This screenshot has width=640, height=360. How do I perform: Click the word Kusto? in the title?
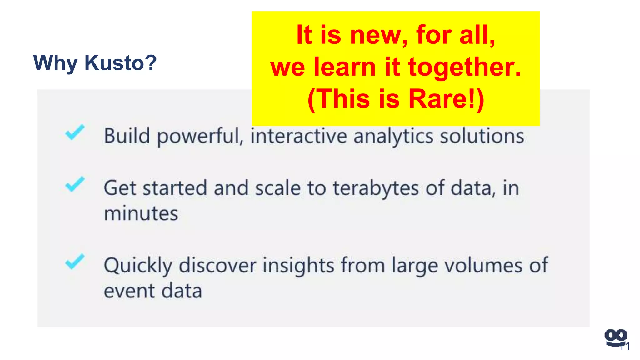[x=121, y=63]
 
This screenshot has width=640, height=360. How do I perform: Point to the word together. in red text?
[x=465, y=67]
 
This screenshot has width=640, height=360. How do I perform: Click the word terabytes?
[x=376, y=188]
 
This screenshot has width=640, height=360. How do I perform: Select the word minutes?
[x=141, y=213]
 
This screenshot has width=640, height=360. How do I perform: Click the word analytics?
[x=394, y=137]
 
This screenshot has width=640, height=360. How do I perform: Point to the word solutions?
[x=482, y=136]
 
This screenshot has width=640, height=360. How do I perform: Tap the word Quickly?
[x=138, y=266]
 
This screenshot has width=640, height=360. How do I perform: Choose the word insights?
[x=298, y=266]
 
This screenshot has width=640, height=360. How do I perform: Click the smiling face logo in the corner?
[x=615, y=338]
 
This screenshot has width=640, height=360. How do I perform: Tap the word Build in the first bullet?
[x=127, y=136]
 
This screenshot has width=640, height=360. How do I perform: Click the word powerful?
[x=200, y=137]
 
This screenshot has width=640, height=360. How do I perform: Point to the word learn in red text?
[x=345, y=67]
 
